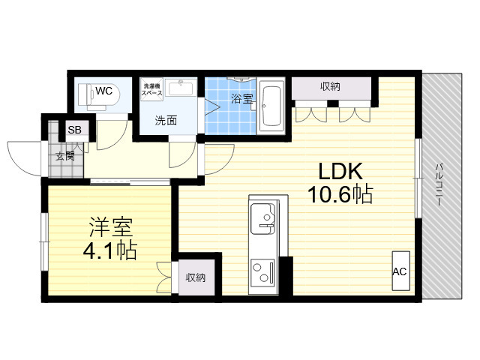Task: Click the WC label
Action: (x=103, y=91)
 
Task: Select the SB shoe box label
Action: (x=74, y=130)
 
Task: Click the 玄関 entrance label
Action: (x=65, y=156)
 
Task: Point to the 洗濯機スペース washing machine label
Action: (x=152, y=89)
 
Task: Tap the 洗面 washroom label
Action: (x=166, y=121)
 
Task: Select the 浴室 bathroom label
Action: (x=241, y=98)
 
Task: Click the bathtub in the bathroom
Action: (x=271, y=106)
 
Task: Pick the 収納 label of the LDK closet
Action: (x=330, y=87)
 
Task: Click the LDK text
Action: (x=340, y=172)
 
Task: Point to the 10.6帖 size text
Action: (x=340, y=194)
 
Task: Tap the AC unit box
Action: (x=401, y=271)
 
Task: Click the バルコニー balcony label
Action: (x=439, y=184)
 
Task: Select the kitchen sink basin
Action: (x=262, y=218)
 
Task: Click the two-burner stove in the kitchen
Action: (x=262, y=271)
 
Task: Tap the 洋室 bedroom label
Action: (x=111, y=228)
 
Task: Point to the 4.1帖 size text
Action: (x=110, y=250)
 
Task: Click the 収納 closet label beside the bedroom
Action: (x=196, y=277)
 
